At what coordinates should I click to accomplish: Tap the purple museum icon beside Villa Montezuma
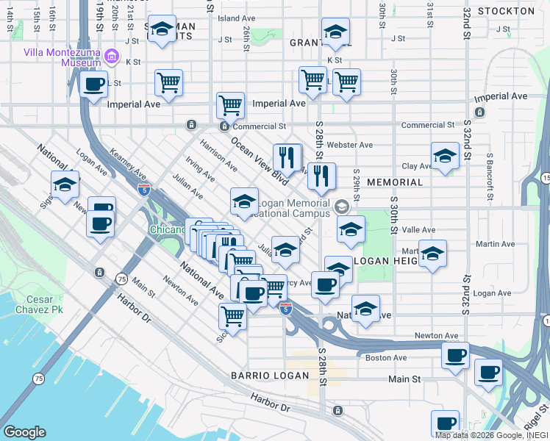(x=112, y=56)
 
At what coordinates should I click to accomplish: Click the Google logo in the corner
(x=24, y=432)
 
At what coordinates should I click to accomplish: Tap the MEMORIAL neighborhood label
(x=395, y=182)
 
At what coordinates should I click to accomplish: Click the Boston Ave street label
(x=386, y=358)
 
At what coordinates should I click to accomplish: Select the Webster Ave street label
(x=351, y=145)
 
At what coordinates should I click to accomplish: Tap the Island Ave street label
(x=237, y=18)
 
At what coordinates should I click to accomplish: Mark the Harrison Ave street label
(x=218, y=155)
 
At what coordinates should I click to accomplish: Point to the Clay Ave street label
(x=416, y=167)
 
